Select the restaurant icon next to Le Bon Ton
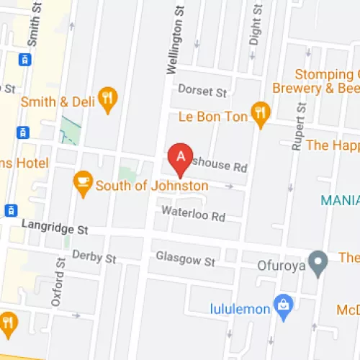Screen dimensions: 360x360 click(x=260, y=112)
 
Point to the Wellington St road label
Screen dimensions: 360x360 click(x=173, y=37)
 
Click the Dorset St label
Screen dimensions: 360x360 click(x=202, y=92)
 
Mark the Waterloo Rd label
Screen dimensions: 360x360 click(x=193, y=215)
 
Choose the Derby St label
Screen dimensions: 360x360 click(x=94, y=257)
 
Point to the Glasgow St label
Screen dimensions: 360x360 click(x=186, y=259)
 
